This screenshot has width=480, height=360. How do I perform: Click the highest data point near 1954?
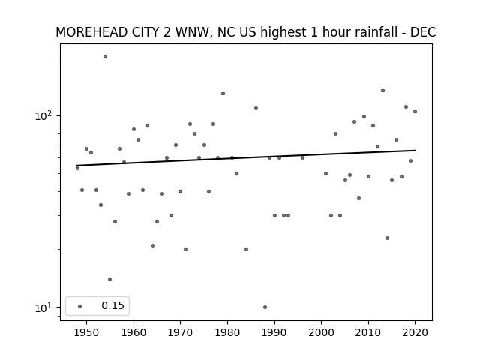point(105,57)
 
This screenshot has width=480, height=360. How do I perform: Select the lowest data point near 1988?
point(265,307)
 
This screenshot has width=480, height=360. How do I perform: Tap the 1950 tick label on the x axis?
point(87,332)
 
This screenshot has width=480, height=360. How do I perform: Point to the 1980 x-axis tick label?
point(227,332)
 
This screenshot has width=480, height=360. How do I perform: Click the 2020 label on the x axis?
point(415,332)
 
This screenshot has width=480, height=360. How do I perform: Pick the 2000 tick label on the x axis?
point(322,332)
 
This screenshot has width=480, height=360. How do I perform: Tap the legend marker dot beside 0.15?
point(80,307)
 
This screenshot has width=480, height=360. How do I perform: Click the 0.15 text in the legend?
point(113,305)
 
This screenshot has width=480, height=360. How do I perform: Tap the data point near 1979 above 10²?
point(223,93)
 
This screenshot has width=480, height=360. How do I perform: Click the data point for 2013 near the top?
point(383,90)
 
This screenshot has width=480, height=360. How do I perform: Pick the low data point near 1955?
point(110,279)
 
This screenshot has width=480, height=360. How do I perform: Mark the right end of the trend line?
point(415,150)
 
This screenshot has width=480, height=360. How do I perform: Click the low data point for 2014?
point(387,238)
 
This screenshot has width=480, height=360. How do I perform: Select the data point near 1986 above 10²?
point(256,108)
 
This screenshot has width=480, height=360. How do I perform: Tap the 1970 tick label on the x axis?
point(180,332)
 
